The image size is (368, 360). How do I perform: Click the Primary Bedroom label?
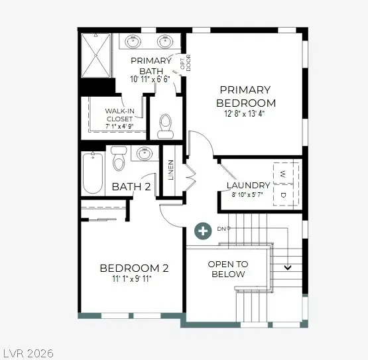tap(245, 96)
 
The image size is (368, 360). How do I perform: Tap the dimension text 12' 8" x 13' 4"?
tap(246, 114)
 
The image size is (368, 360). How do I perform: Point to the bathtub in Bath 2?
tap(93, 172)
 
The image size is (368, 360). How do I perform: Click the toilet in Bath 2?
tap(119, 158)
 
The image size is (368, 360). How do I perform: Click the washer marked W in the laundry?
tap(283, 174)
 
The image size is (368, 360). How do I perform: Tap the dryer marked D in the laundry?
tap(283, 195)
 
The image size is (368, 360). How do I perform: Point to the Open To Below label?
tap(228, 269)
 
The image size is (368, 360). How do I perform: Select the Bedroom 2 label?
tap(134, 269)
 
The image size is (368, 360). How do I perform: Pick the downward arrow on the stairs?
tap(288, 268)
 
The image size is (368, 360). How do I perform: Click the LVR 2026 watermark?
tap(28, 353)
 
